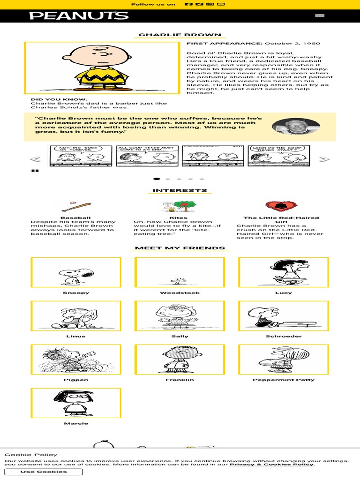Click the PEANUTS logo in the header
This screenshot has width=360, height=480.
[79, 15]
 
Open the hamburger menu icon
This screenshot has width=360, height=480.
[320, 15]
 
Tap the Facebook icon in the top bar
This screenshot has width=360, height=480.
[188, 4]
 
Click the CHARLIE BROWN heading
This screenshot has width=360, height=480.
[180, 35]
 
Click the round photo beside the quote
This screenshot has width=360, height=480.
[296, 127]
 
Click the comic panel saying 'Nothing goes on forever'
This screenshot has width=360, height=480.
[77, 156]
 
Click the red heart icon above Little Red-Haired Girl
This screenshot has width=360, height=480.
[281, 206]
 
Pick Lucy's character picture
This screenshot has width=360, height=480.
[283, 272]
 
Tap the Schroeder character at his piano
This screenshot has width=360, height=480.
[283, 316]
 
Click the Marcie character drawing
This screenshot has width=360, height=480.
[76, 403]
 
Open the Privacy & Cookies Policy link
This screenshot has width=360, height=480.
[271, 464]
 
